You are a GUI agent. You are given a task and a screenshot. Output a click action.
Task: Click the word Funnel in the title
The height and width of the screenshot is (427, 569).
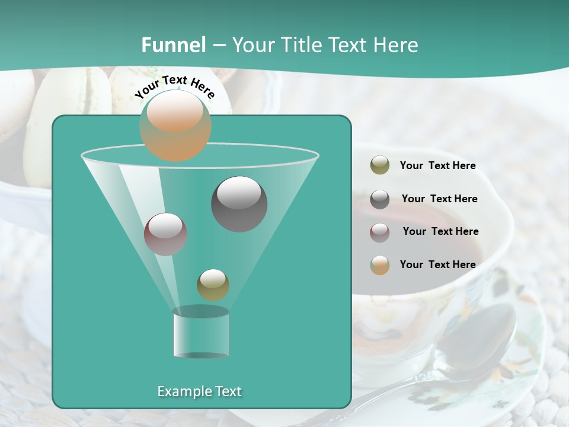tap(174, 45)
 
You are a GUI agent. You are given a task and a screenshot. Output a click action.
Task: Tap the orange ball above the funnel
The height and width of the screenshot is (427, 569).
tap(175, 126)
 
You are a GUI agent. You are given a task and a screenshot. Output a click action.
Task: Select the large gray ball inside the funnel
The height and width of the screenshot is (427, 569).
tap(239, 204)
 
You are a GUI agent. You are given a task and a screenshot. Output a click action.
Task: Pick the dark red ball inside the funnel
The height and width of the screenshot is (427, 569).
tap(166, 234)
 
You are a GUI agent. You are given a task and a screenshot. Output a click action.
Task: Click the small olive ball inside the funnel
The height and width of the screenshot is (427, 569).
tap(213, 285)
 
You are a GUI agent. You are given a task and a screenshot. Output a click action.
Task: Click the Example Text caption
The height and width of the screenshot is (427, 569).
tap(200, 391)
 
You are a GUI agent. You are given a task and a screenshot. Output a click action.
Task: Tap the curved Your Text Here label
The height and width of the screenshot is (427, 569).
tap(175, 87)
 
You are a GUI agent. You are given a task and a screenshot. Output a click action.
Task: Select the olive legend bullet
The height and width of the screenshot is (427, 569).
tap(380, 165)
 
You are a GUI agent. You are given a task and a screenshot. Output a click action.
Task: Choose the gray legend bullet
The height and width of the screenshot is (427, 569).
tap(380, 199)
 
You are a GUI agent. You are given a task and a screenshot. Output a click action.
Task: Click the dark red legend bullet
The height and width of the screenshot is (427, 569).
tap(380, 232)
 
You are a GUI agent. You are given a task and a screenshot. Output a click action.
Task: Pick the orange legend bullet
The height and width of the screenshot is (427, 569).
tap(380, 265)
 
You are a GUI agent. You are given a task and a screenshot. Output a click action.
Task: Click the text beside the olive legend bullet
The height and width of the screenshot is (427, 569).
tap(437, 166)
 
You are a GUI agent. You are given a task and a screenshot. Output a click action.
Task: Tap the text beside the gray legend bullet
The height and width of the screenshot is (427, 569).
tap(439, 199)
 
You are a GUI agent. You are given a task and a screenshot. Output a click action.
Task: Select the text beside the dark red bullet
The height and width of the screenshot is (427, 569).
tap(440, 232)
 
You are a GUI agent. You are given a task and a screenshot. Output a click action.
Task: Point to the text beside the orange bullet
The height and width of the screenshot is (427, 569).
tap(437, 265)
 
